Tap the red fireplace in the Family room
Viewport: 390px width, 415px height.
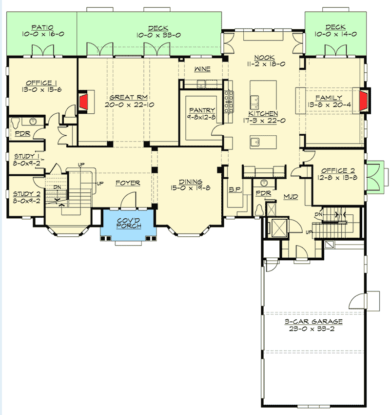click(362, 100)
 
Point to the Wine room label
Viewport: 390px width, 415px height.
click(202, 69)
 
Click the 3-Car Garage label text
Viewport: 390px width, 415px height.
click(314, 322)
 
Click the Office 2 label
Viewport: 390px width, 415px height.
click(337, 170)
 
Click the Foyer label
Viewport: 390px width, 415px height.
click(128, 183)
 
